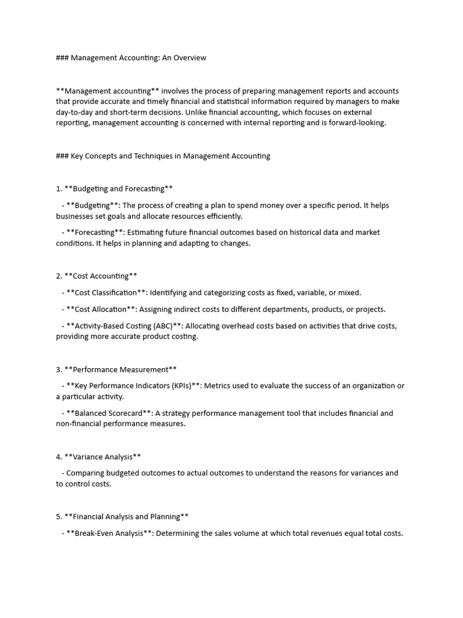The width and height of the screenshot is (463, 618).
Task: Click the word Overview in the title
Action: [188, 58]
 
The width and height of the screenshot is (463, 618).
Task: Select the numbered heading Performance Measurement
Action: [121, 369]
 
